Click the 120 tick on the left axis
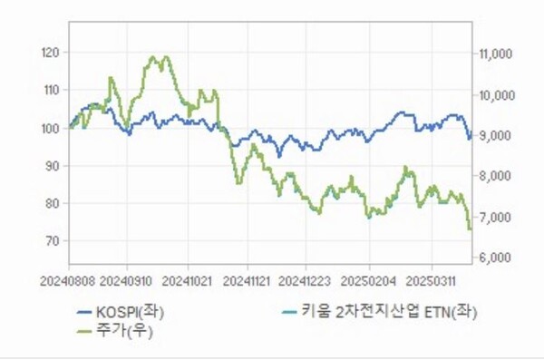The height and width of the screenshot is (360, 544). (x=53, y=53)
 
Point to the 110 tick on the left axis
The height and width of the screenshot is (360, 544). (x=53, y=90)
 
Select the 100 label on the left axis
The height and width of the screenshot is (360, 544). (x=53, y=128)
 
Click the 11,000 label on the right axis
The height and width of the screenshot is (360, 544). (x=493, y=54)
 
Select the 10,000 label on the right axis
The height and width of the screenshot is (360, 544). (x=493, y=94)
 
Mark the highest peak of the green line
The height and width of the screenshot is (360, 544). (x=155, y=57)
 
